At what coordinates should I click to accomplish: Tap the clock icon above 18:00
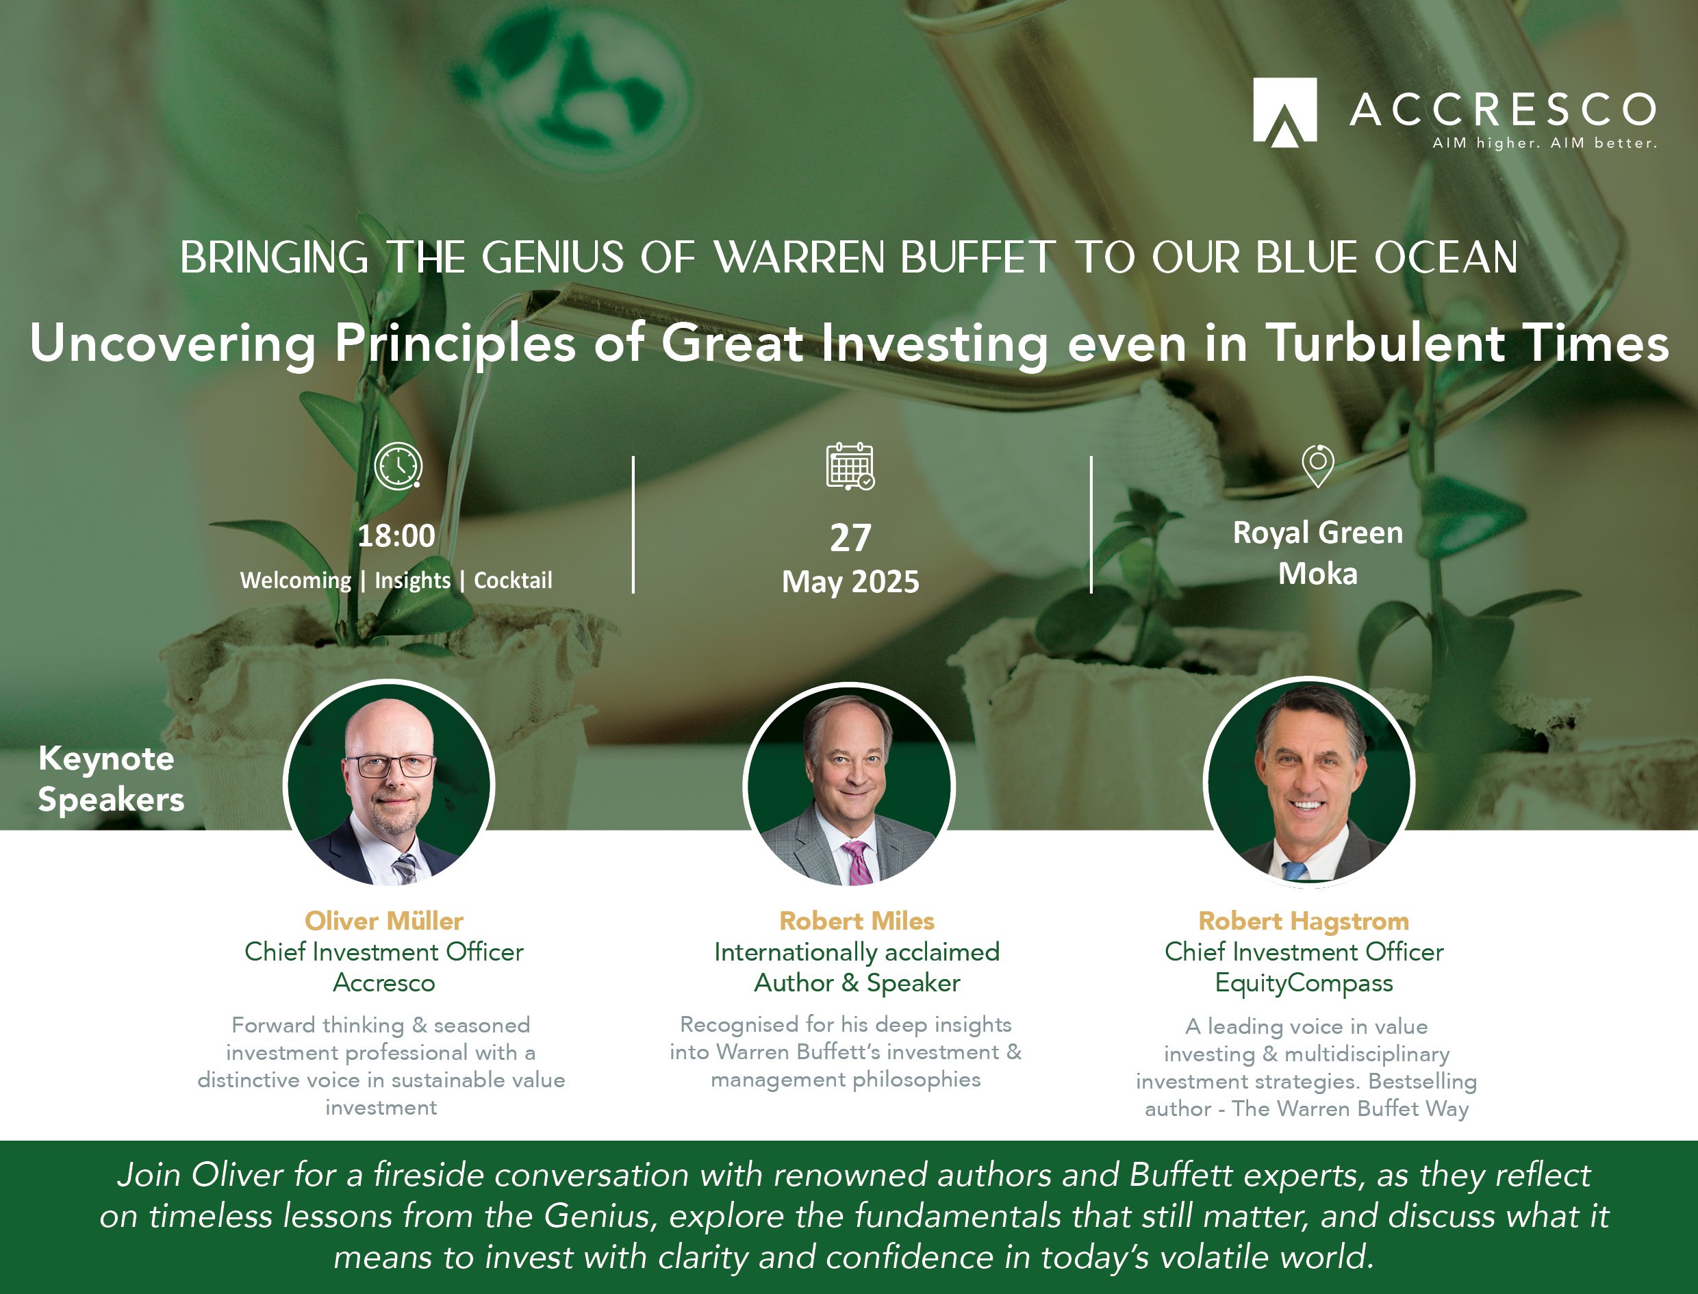click(x=398, y=466)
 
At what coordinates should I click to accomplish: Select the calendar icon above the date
click(x=850, y=466)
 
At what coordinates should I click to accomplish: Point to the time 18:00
click(x=396, y=535)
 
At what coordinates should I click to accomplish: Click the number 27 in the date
click(x=850, y=537)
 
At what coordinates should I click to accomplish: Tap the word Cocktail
click(x=513, y=580)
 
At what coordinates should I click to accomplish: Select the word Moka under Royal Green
click(x=1317, y=574)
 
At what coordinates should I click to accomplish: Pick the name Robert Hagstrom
click(x=1304, y=922)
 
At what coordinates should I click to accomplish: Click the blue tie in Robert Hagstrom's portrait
click(x=1295, y=871)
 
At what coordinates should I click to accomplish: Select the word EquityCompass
click(x=1304, y=984)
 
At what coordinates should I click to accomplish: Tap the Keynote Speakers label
click(x=111, y=778)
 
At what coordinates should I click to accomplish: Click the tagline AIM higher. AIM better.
click(x=1544, y=143)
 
